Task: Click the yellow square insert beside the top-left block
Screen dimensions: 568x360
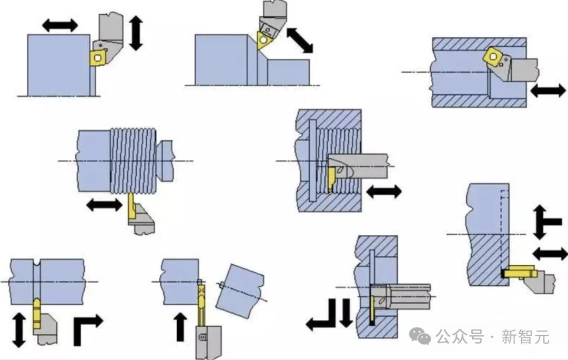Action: [x=98, y=57]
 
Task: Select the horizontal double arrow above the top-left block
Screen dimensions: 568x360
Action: [x=60, y=25]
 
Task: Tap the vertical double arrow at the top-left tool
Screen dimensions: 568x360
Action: [x=136, y=33]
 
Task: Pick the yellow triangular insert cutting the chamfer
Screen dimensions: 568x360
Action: [x=264, y=39]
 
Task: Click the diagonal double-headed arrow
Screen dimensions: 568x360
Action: [x=300, y=40]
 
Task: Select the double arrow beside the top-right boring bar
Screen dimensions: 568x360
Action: [x=547, y=91]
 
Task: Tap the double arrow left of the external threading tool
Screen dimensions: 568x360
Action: [x=104, y=205]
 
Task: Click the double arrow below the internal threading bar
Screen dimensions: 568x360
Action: [x=384, y=192]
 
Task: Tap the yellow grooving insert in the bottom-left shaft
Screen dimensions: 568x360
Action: [x=37, y=314]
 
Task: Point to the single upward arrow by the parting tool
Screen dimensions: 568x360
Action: [x=180, y=327]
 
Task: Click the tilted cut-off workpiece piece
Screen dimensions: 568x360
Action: [x=240, y=291]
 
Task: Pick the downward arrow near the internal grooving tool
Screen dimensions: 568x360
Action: [x=346, y=313]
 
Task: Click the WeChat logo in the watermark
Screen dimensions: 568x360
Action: [x=420, y=336]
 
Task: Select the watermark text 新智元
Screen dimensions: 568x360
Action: [x=525, y=337]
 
